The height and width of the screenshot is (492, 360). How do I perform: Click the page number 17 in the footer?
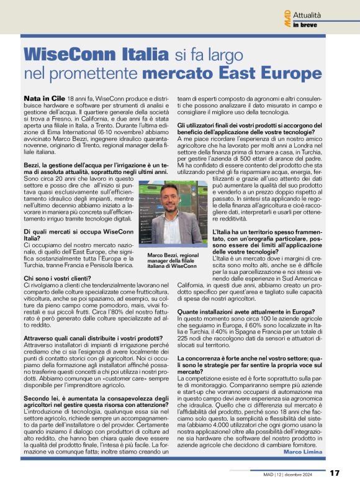tap(335, 473)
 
